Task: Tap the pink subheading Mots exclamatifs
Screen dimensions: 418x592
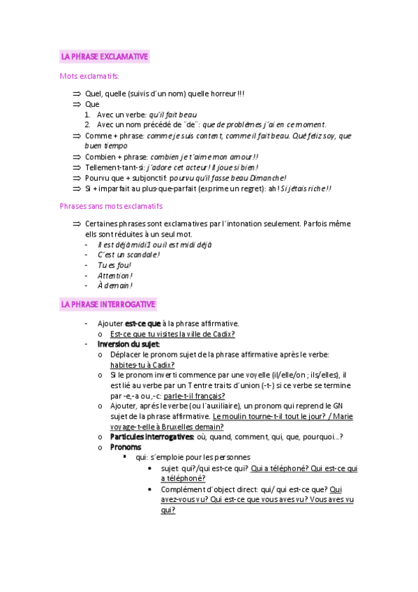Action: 89,76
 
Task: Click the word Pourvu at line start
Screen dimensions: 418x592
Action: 97,178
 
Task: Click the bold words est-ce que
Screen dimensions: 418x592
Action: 142,324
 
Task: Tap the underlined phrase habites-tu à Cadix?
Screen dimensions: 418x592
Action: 142,364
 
